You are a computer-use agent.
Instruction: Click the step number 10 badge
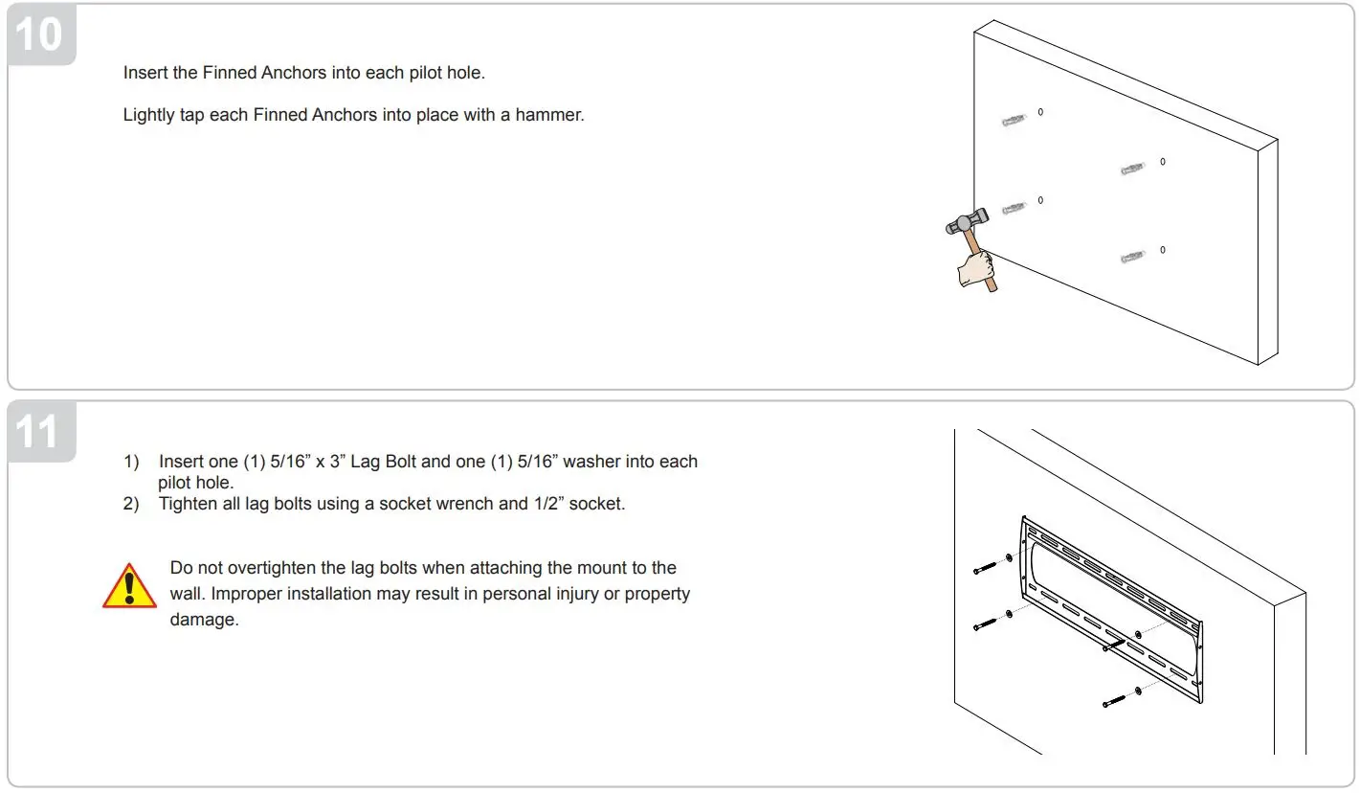[x=38, y=34]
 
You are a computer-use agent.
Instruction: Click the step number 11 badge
[x=38, y=432]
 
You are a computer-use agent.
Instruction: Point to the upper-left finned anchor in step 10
[x=1014, y=121]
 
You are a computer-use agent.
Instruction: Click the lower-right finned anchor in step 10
[x=1132, y=258]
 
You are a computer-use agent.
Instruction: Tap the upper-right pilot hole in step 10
[x=1163, y=162]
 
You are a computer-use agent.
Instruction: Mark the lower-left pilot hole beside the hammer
[x=1040, y=200]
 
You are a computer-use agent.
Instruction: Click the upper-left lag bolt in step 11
[x=986, y=567]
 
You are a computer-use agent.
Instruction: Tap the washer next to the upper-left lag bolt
[x=1009, y=557]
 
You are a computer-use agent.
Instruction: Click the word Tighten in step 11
[x=189, y=504]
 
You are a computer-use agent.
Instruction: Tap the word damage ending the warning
[x=203, y=620]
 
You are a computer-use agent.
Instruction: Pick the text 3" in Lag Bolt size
[x=334, y=462]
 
